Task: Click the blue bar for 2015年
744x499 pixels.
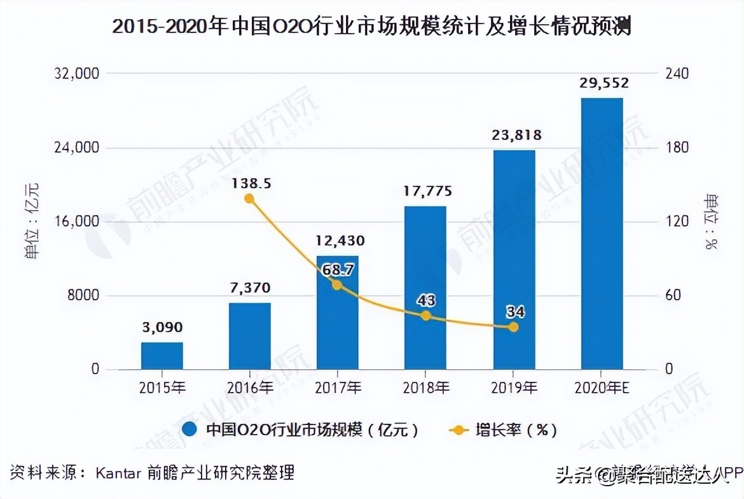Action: point(162,356)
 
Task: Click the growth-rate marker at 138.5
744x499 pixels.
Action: point(249,199)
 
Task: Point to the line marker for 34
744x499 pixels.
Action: point(514,327)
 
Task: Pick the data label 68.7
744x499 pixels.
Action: point(336,269)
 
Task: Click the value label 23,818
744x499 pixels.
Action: point(513,135)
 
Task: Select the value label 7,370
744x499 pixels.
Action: point(249,286)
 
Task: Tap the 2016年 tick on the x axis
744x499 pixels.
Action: point(249,386)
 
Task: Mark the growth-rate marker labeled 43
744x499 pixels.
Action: point(425,316)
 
